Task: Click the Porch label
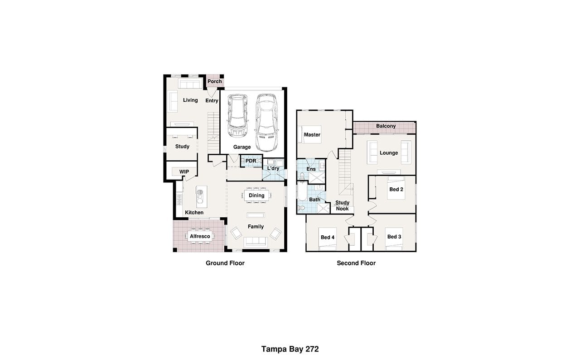click(x=215, y=81)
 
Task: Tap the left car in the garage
click(x=237, y=116)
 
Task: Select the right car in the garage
click(x=266, y=122)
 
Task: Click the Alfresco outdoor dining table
click(x=200, y=236)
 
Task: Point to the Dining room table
click(x=256, y=195)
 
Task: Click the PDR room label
click(x=251, y=161)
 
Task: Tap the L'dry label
click(x=273, y=168)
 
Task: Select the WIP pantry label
click(x=184, y=171)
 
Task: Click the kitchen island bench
click(x=202, y=197)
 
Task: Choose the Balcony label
click(x=386, y=126)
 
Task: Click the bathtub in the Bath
click(x=302, y=191)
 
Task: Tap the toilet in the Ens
click(x=302, y=176)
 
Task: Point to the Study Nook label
click(x=342, y=205)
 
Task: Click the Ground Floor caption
click(x=225, y=263)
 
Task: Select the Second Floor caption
click(x=356, y=263)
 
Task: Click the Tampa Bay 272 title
click(x=290, y=349)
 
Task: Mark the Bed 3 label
click(x=394, y=237)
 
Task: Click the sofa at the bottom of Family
click(x=255, y=241)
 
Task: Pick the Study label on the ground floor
click(x=182, y=146)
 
